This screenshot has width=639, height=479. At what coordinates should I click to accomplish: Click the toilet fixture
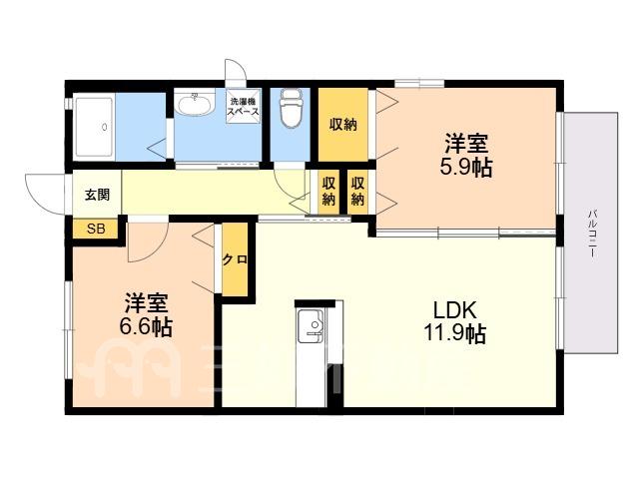point(291,108)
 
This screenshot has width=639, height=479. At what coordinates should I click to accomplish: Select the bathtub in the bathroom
point(94,127)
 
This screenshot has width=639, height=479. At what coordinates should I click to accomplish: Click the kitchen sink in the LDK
point(311,326)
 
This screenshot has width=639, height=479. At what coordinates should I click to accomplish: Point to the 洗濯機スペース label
point(244,106)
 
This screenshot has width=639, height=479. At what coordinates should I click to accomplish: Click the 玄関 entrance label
point(98,195)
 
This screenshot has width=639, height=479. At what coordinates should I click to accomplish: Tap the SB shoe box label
point(96,229)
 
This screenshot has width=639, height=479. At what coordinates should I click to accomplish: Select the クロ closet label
point(236,259)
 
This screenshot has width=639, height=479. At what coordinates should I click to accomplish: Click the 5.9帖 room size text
point(466,167)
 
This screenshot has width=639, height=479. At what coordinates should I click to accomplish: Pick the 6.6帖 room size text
point(146,326)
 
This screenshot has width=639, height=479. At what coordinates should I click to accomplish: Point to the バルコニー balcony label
point(592,234)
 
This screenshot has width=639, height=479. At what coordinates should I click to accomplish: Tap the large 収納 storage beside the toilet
point(343,125)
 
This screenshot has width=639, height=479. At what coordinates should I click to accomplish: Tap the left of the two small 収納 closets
point(328,192)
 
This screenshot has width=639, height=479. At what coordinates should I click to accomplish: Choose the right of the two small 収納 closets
point(357,192)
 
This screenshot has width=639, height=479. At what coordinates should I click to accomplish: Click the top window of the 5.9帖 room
point(419,84)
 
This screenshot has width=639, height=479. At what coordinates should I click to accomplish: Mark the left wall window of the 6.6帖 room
point(68,329)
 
